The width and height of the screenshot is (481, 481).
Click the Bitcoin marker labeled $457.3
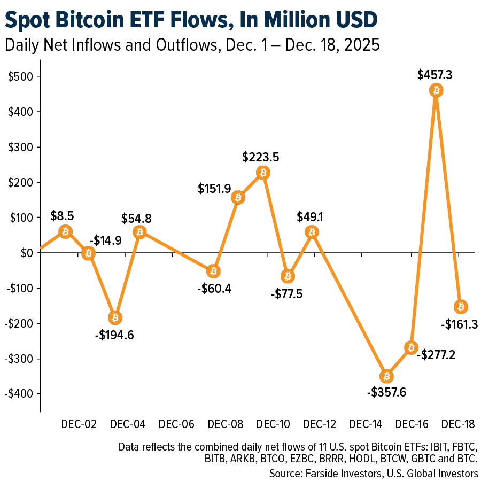436,90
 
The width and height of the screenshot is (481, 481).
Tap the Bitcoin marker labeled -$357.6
386,376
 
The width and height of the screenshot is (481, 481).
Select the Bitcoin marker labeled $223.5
262,172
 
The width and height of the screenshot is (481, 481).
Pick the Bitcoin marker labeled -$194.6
114,317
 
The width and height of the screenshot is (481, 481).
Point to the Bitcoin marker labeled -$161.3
461,306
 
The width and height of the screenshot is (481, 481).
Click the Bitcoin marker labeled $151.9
238,198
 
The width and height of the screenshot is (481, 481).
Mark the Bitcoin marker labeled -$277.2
411,347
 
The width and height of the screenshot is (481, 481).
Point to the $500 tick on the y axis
21,76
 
